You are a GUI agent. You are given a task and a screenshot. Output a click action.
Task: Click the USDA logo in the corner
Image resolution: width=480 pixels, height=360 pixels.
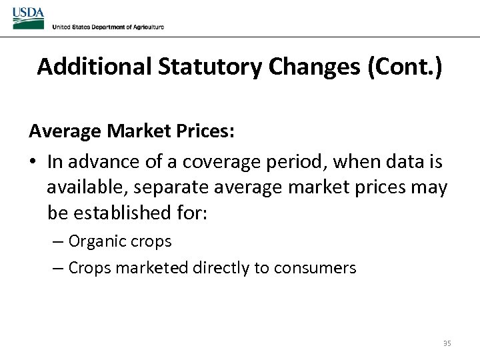[x=29, y=17]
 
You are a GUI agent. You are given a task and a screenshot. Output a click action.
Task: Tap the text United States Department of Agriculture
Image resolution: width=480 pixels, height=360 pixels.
[x=108, y=27]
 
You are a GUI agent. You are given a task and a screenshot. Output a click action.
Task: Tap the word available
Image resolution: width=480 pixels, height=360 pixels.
[x=83, y=187]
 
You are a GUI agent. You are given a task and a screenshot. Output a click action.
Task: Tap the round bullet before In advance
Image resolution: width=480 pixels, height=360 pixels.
[x=33, y=162]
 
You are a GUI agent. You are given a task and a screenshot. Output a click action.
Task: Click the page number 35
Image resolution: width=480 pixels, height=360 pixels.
[x=447, y=343]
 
